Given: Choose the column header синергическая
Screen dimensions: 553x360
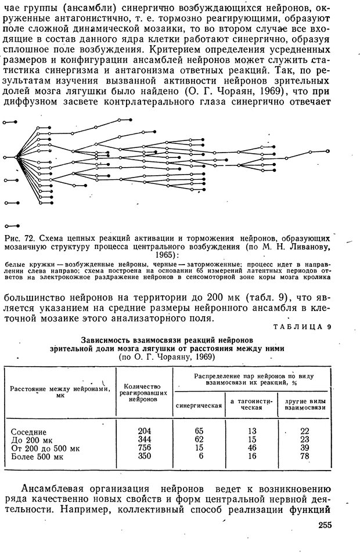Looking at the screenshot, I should pos(199,404).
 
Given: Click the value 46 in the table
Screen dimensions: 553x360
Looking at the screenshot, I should pos(251,448).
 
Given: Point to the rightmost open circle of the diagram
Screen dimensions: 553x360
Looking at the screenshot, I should pos(328,150).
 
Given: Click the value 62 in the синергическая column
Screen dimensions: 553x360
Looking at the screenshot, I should pos(199,439).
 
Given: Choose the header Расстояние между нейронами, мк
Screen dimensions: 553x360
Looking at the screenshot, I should pos(60,392).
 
